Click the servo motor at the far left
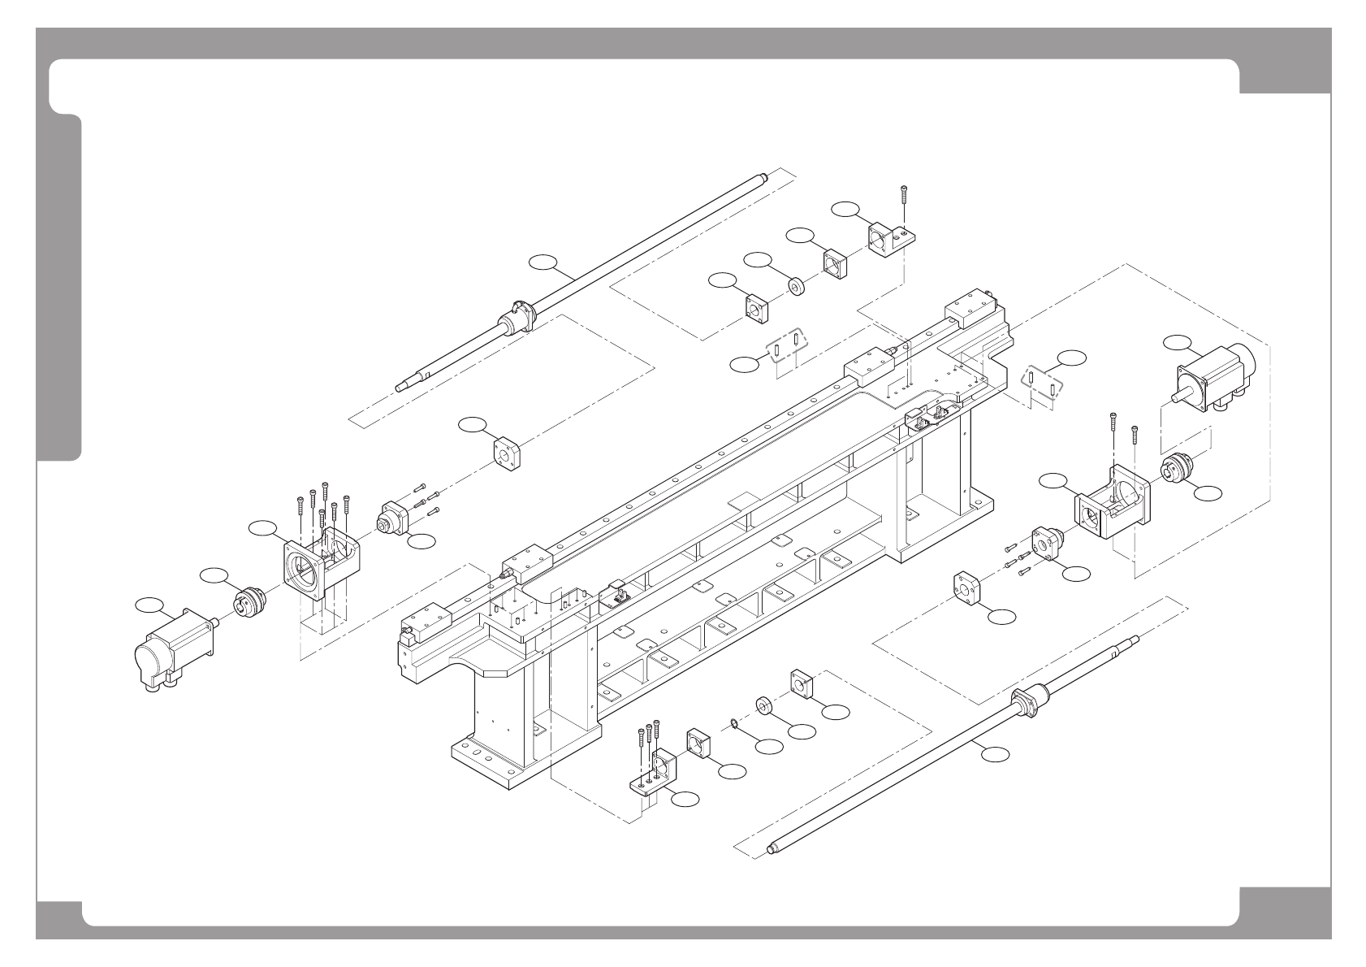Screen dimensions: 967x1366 172,650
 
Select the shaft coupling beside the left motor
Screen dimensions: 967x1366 246,602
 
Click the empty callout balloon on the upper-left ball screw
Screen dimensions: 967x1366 543,261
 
